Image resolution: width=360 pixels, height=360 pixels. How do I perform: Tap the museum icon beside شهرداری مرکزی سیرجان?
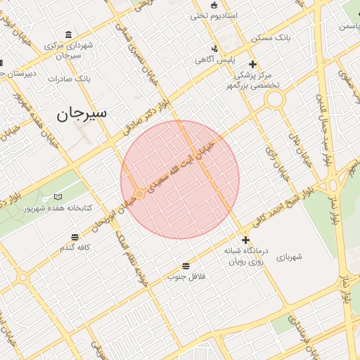pyautogui.click(x=68, y=34)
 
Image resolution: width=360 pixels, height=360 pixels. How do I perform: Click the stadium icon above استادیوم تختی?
pyautogui.click(x=214, y=4)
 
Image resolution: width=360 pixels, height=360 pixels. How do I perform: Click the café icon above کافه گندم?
pyautogui.click(x=74, y=237)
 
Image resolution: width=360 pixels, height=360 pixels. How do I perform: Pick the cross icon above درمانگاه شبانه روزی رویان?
pyautogui.click(x=245, y=240)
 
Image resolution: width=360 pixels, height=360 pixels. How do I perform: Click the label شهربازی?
pyautogui.click(x=288, y=257)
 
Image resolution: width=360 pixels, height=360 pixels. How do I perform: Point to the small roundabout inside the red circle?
pyautogui.click(x=139, y=193)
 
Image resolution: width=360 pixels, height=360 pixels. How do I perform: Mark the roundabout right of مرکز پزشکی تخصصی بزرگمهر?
pyautogui.click(x=274, y=99)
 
